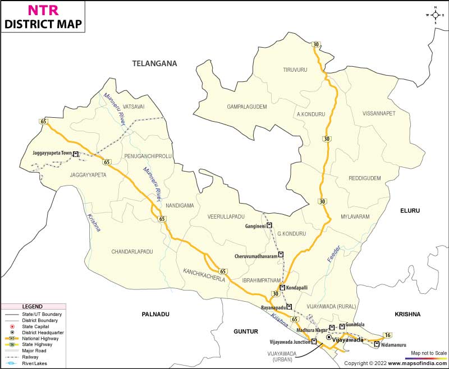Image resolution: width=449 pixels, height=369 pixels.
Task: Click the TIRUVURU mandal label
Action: point(295,70)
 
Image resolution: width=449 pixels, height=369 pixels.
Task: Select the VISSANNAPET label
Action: point(379,113)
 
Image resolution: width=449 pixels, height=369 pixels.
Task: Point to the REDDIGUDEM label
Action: point(365,178)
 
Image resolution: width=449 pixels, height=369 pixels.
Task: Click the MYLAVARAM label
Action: point(355,216)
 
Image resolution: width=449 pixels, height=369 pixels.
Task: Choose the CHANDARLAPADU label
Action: point(132,252)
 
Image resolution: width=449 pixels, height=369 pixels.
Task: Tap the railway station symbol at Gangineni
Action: point(269,225)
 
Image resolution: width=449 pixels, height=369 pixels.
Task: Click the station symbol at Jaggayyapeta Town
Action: point(75,153)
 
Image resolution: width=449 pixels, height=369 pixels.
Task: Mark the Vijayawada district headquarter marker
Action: point(329,337)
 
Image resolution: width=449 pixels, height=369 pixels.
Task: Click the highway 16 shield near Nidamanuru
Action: point(387,335)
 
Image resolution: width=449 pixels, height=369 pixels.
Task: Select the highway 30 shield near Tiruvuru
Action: point(316,44)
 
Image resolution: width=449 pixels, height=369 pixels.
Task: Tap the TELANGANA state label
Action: point(154,64)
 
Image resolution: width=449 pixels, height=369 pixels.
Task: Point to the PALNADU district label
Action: point(155,315)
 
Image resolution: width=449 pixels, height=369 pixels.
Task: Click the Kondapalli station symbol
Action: point(282,288)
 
